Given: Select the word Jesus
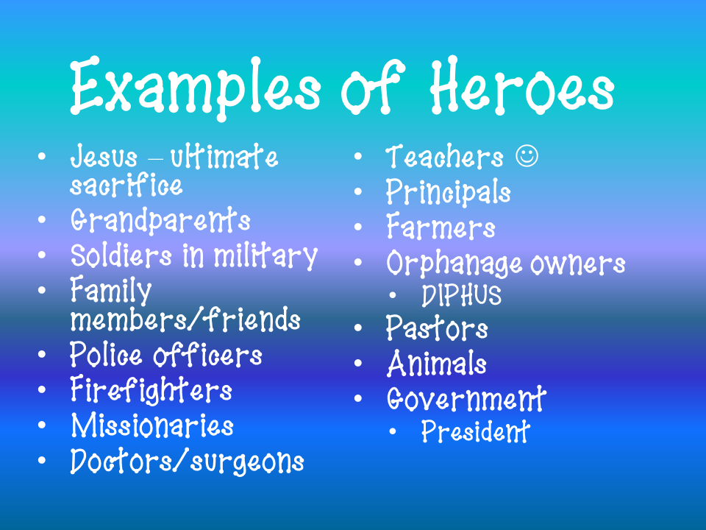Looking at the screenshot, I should pos(104,157).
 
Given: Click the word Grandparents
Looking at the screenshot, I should pos(160,221).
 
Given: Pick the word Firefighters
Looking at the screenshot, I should pos(151,390).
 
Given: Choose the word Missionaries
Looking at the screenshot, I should pos(152,426).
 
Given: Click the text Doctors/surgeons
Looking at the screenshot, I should pos(187,462).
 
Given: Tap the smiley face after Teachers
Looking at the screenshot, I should pos(527,157).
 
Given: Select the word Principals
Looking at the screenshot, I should pos(448,193).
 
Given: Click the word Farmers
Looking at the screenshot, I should pos(441,228).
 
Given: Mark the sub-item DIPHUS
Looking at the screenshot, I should pos(461,296).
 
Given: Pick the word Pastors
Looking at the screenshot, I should pos(437,329).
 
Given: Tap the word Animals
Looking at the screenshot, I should pos(436,364).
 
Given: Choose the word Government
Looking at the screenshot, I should pos(466,400).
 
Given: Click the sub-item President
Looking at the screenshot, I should pos(475,432).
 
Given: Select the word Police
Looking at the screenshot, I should pos(107,356).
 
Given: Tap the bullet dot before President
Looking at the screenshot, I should pos(395,432).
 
